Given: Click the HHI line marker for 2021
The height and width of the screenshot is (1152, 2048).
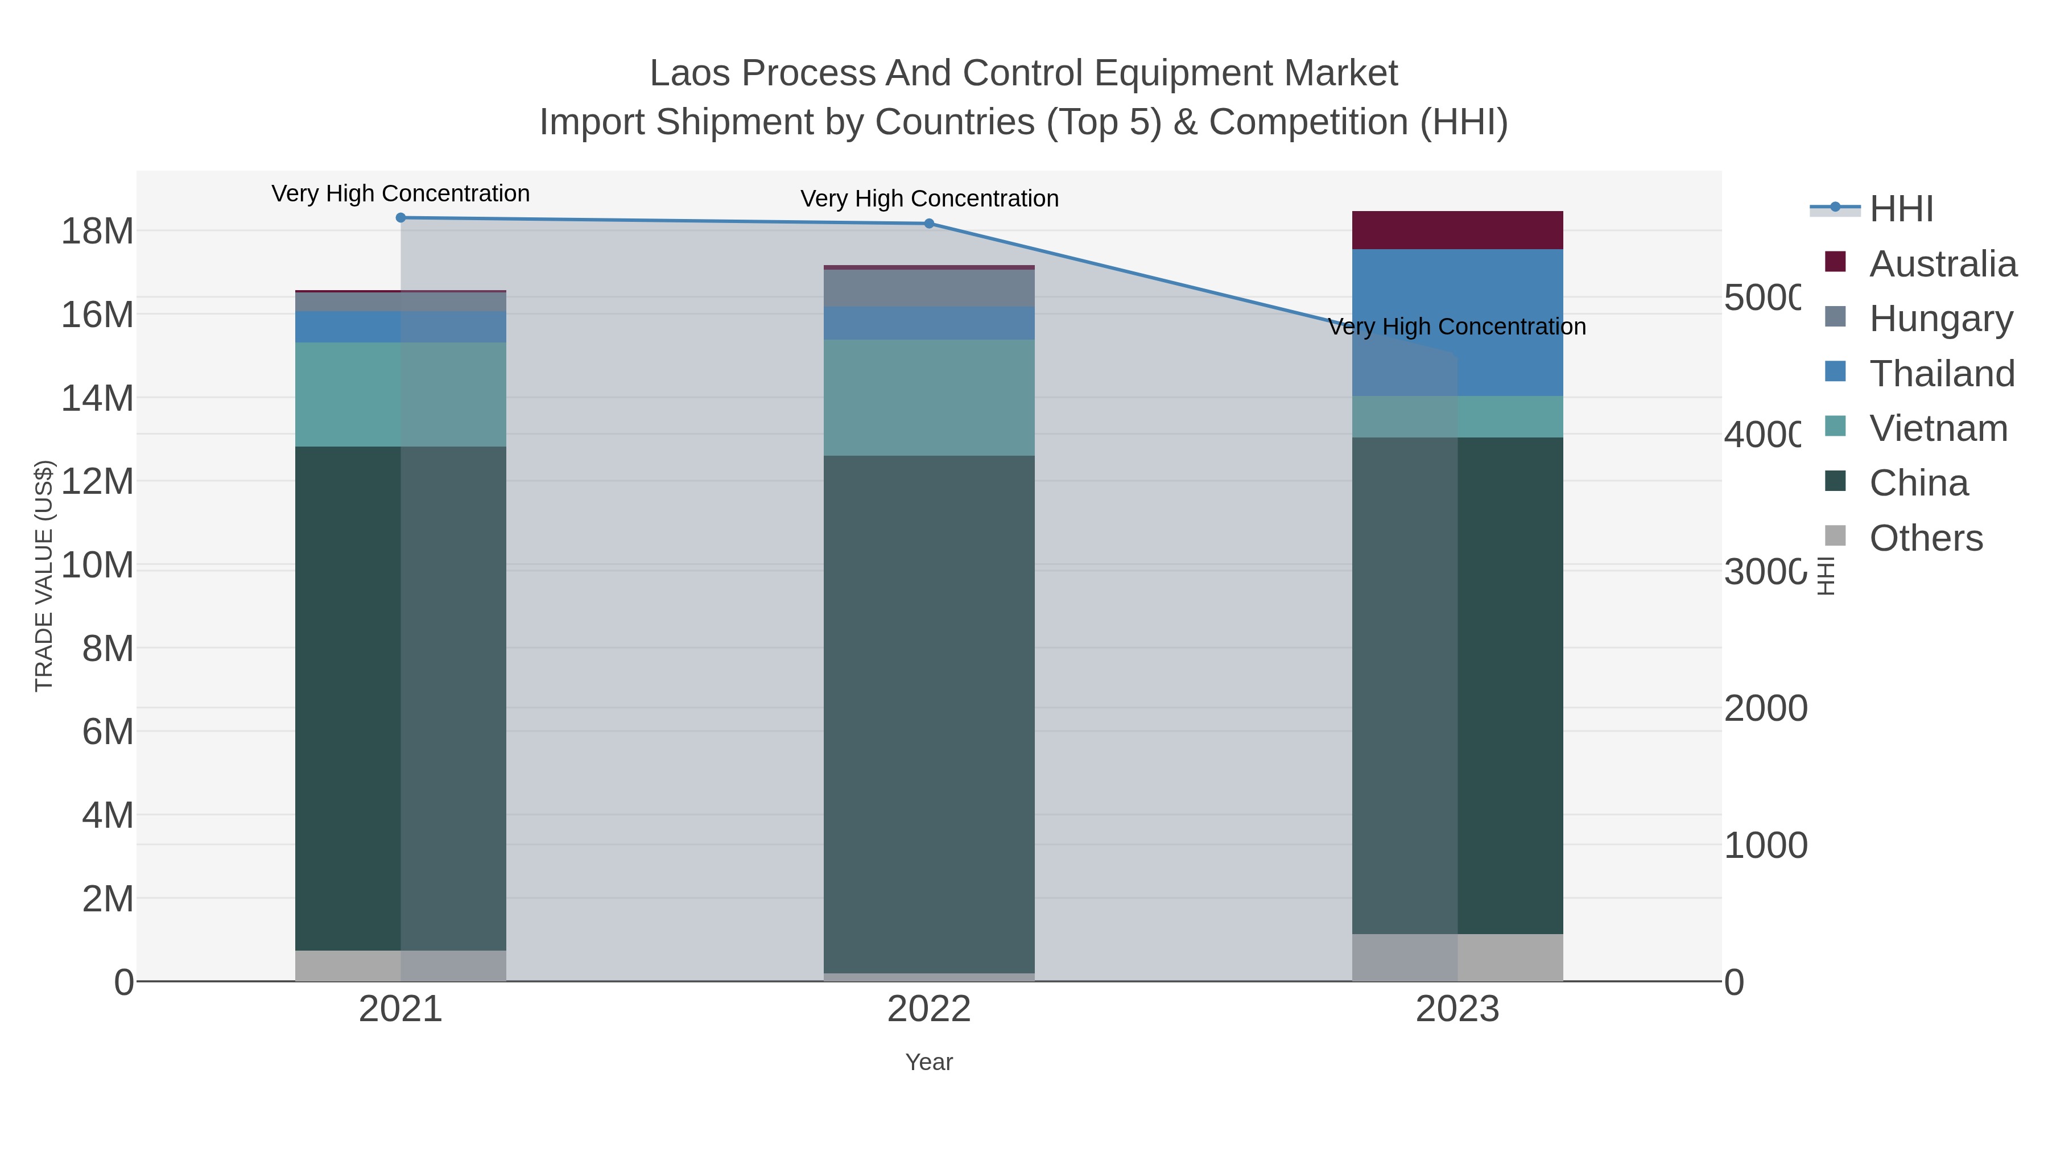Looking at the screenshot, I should (x=400, y=218).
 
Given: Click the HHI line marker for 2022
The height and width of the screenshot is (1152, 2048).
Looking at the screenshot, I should (x=928, y=224).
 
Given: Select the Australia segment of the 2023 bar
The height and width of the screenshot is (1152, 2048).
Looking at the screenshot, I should (x=1457, y=230).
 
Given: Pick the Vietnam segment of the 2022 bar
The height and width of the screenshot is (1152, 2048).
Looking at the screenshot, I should (x=928, y=398).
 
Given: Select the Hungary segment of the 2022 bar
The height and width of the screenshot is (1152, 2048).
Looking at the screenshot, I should (x=928, y=288).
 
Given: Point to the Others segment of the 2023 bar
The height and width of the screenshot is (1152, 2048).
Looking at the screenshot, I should (x=1457, y=957).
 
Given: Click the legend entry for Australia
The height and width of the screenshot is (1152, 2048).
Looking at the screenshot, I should (x=1942, y=264).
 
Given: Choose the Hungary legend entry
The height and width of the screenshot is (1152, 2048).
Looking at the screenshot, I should (x=1940, y=319).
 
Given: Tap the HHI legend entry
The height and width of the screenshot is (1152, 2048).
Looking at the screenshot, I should (x=1901, y=209).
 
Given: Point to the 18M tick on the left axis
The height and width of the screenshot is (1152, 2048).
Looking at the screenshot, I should (x=97, y=232).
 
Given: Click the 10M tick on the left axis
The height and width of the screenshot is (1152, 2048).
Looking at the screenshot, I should (x=97, y=565).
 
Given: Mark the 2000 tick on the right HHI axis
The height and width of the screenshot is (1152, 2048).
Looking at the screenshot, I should (x=1765, y=708).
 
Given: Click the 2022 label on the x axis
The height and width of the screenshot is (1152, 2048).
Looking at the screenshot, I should (x=928, y=1010).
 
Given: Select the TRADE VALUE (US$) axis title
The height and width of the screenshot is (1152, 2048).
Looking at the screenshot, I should (x=44, y=576).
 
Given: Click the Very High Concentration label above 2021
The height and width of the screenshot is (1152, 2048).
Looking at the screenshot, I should (x=400, y=193).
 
